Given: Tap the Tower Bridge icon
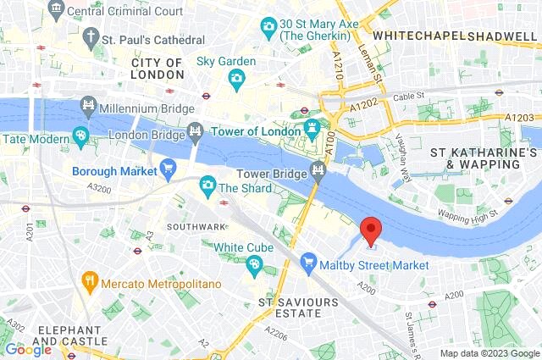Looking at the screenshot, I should click(318, 171).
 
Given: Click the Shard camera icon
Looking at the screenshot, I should click(207, 185).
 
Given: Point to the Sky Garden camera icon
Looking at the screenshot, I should click(237, 78).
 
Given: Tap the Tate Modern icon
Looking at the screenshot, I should click(80, 136).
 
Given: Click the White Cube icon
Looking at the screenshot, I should click(253, 264).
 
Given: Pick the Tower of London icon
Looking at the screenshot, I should click(312, 130).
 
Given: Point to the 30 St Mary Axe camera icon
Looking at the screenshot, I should click(268, 25).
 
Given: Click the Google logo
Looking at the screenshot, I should click(28, 349).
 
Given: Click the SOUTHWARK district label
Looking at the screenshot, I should click(196, 226).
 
